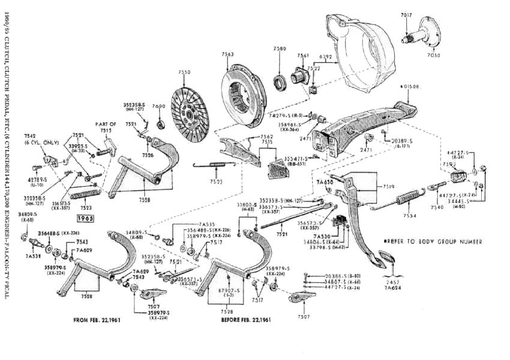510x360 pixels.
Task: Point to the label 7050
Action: tap(433, 55)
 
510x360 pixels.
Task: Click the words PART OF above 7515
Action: tap(106, 124)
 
